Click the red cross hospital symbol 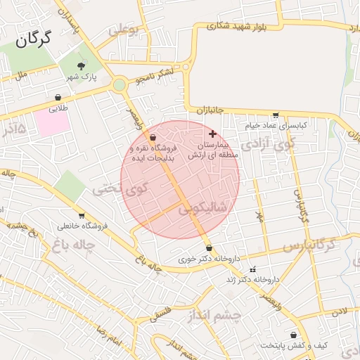coord(213,133)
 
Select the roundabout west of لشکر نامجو coord(119,86)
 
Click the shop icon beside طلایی coord(58,98)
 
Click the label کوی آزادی coord(269,146)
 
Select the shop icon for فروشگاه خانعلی coord(82,216)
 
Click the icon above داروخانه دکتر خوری coord(209,248)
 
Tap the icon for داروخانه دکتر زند coord(253,269)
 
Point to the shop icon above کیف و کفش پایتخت coord(292,335)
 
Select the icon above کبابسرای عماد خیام coord(276,115)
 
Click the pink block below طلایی coord(53,124)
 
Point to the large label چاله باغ coord(72,245)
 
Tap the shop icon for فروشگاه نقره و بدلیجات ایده coord(153,138)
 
